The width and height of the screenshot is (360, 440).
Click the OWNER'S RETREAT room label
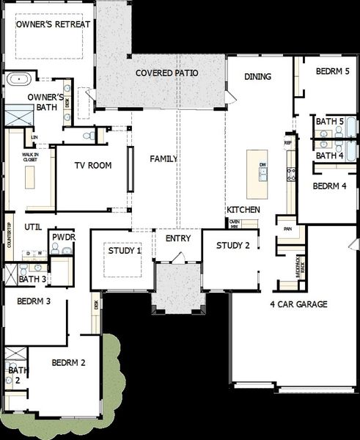pos(54,24)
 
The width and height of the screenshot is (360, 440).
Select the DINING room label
pos(257,76)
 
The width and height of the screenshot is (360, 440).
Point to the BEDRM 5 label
pos(333,71)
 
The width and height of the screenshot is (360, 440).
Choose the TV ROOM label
pos(93,166)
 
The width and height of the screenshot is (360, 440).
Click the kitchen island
pos(257,174)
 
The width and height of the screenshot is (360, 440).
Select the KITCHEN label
pos(243,210)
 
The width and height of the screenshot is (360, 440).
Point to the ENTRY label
pos(178,238)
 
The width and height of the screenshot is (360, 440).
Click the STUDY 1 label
pos(125,251)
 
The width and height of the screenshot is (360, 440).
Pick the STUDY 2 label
pos(233,245)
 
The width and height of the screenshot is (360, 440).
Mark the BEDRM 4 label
pos(329,186)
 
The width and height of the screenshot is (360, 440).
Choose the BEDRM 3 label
pos(33,301)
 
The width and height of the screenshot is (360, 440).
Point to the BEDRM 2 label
pos(69,362)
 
